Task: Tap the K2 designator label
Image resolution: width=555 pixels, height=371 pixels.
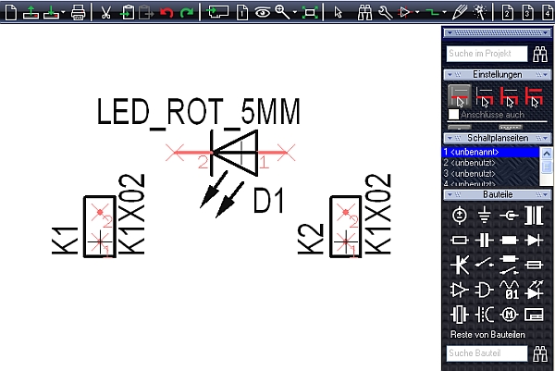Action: pos(310,240)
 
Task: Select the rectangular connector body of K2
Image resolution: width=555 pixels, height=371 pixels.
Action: pos(345,227)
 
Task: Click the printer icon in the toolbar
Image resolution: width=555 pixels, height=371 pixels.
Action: pos(79,12)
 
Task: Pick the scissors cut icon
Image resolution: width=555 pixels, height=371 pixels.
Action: pos(105,12)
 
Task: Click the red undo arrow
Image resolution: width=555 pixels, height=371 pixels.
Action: pos(166,12)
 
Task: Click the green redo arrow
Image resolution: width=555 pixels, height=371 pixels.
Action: pos(188,12)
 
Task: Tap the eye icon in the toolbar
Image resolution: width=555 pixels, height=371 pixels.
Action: pos(263,12)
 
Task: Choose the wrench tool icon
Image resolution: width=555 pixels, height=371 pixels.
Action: pos(385,12)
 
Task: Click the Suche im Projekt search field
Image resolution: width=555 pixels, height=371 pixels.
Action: pos(486,55)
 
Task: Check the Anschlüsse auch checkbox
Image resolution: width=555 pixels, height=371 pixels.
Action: pos(453,114)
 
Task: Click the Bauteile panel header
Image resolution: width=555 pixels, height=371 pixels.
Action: pos(498,194)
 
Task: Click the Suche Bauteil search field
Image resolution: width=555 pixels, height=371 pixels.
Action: pos(486,352)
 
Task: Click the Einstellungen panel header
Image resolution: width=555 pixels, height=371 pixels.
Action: pos(498,74)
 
